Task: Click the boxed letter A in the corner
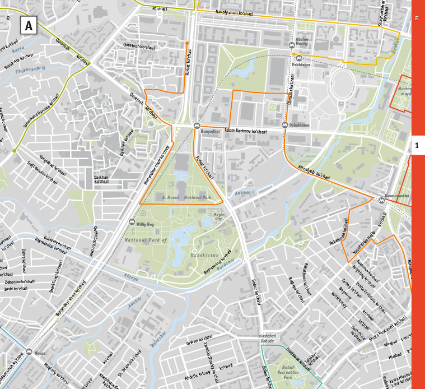pyautogui.click(x=29, y=25)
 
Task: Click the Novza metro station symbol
pyautogui.click(x=29, y=353)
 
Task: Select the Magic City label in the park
pyautogui.click(x=218, y=216)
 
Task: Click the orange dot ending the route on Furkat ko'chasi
pyautogui.click(x=187, y=43)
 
